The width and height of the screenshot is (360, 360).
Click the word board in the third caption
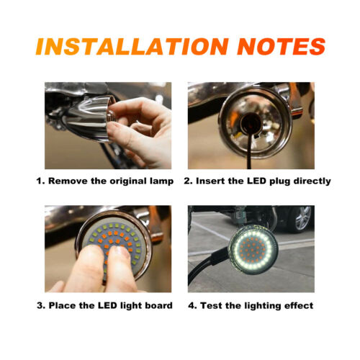[158, 305]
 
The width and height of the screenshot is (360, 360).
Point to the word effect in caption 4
[297, 305]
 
